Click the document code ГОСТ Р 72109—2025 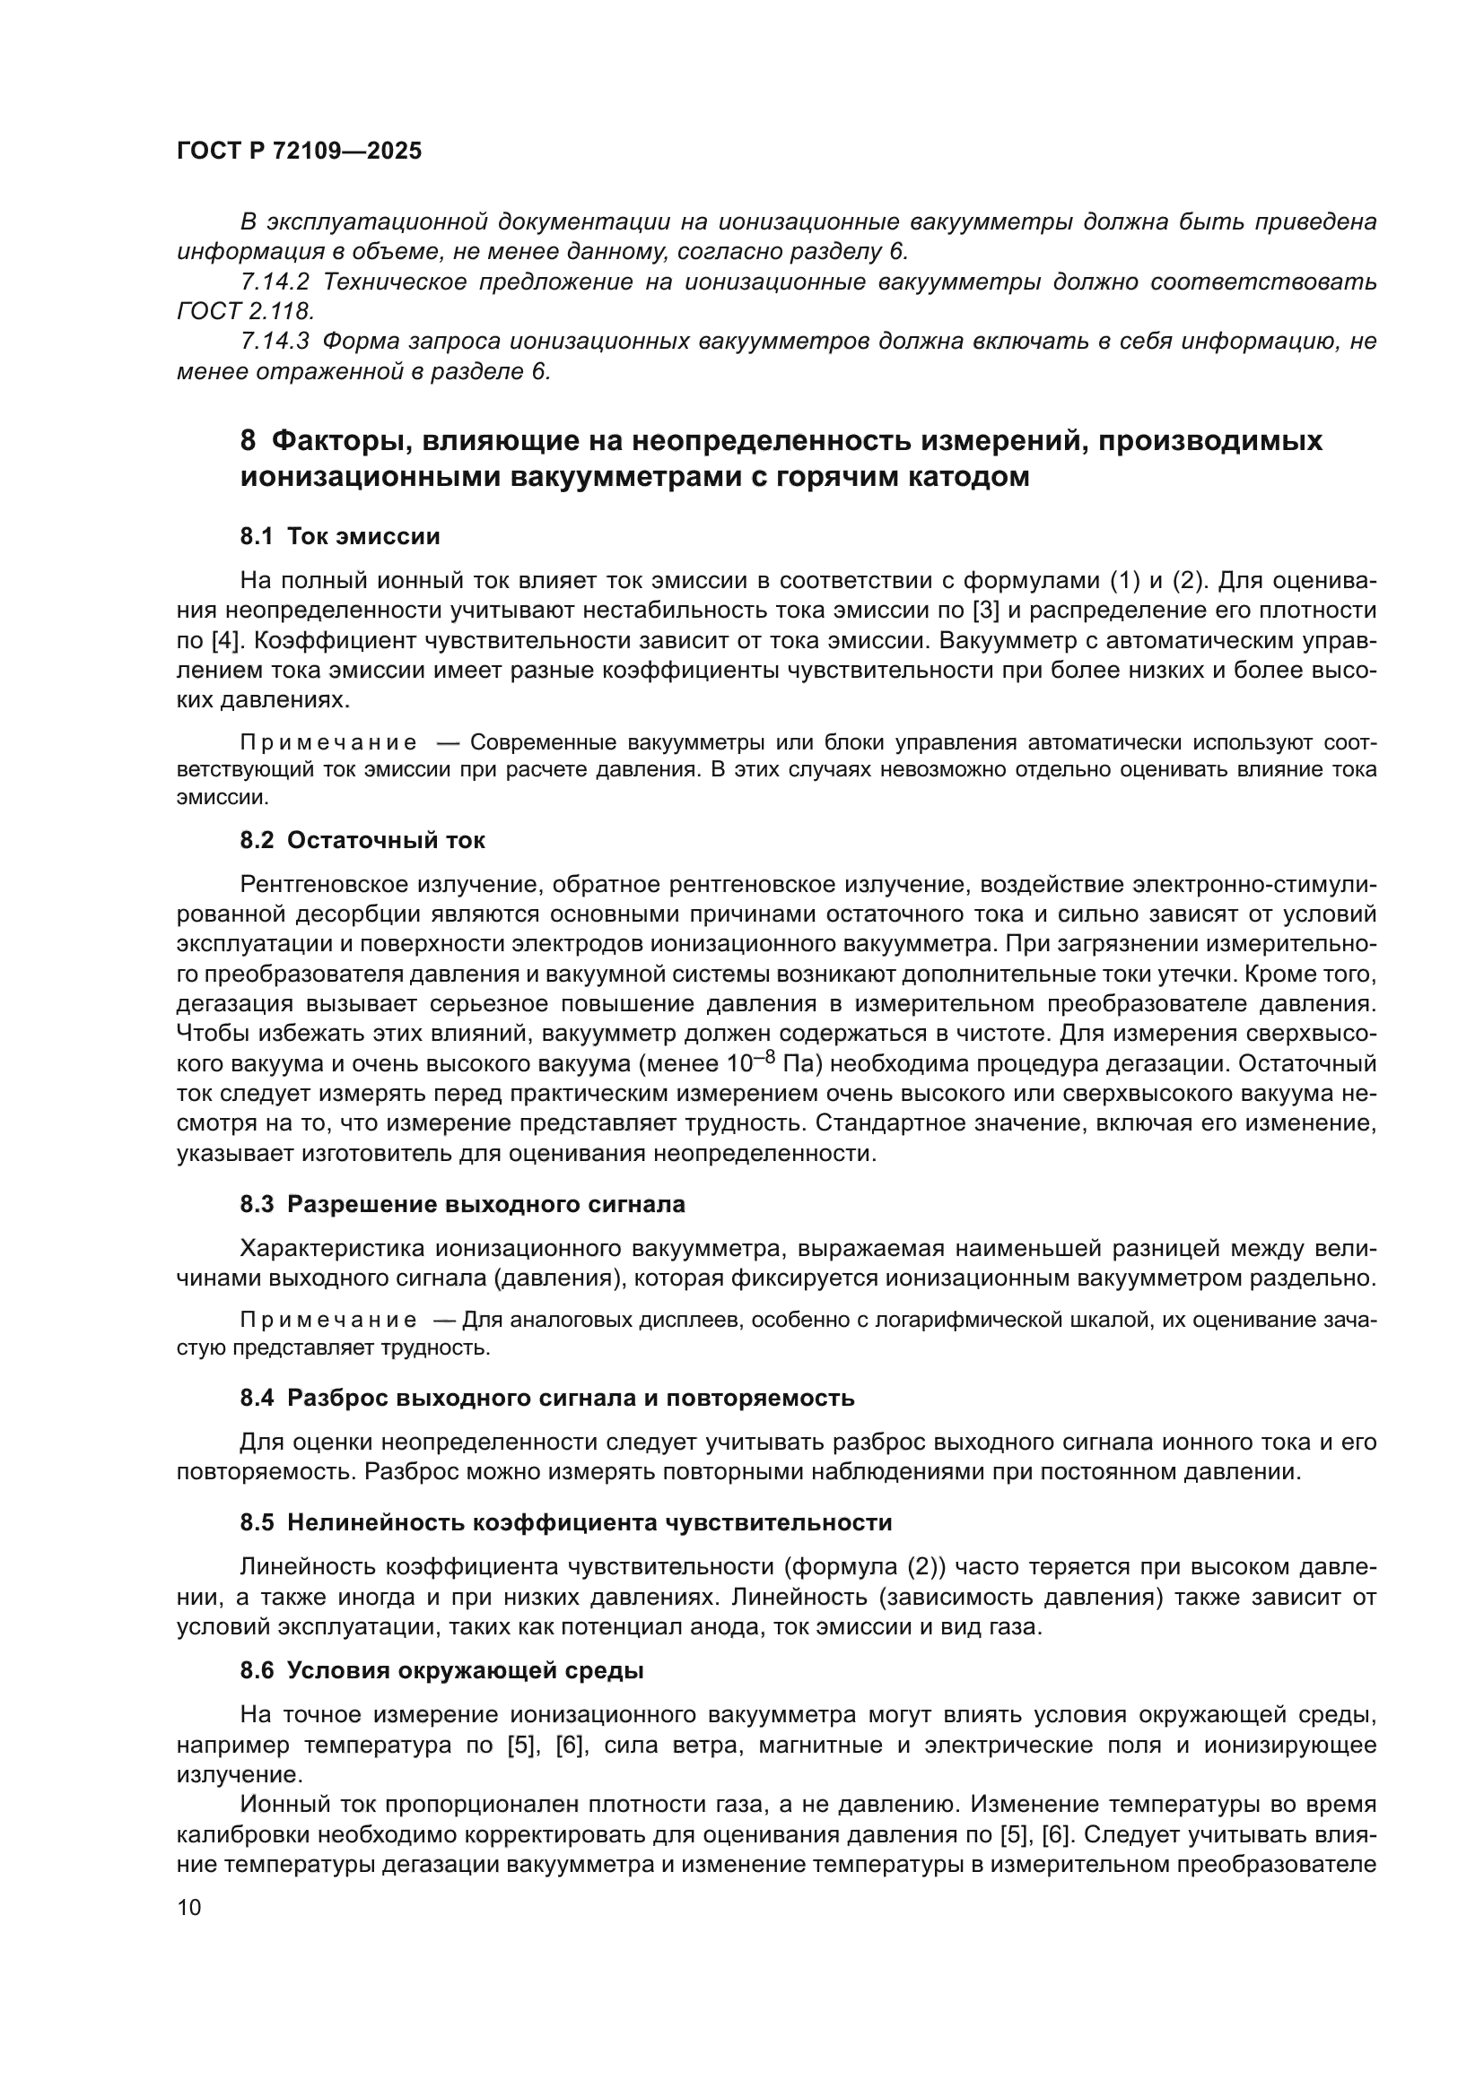coord(299,152)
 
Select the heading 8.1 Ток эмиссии coord(340,536)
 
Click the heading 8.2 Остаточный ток coord(362,840)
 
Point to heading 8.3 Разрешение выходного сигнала coord(462,1205)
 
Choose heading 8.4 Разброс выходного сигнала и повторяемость coord(546,1398)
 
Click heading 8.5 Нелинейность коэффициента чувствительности coord(565,1522)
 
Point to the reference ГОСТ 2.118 coord(245,311)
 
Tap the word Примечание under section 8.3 coord(328,1320)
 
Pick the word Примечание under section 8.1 coord(328,742)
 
